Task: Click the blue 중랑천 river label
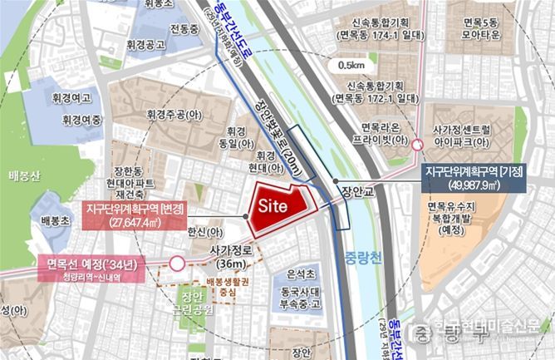coord(359,258)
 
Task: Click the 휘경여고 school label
coord(69,98)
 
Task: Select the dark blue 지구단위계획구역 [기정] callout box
coord(473,177)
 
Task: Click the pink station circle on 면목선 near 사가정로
coord(176,264)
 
